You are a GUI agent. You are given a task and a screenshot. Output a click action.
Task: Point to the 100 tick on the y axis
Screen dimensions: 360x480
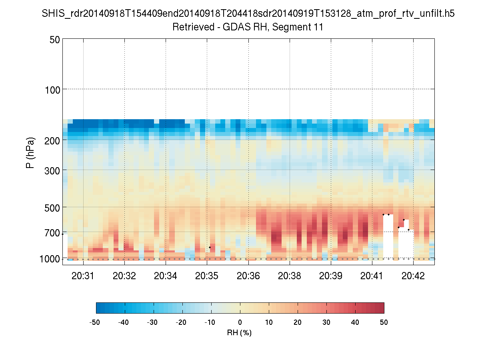(52, 89)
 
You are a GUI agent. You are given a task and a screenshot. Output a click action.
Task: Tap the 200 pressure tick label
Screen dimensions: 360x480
(52, 140)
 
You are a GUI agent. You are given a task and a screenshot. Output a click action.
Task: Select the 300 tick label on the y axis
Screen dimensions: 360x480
(52, 170)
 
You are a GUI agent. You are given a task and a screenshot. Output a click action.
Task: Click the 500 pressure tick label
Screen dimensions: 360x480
(52, 207)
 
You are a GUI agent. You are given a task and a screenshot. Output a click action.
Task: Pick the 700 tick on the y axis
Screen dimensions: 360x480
(52, 232)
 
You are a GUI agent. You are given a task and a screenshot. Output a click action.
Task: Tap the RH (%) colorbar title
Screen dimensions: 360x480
(240, 333)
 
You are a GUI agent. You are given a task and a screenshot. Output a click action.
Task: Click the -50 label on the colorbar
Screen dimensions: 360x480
(95, 322)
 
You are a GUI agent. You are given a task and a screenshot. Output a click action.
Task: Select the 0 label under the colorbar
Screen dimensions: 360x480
(240, 322)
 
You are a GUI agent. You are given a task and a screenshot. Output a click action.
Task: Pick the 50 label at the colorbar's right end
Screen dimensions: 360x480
(384, 322)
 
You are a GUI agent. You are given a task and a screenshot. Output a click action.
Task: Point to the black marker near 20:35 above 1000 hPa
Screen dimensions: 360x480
(210, 247)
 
